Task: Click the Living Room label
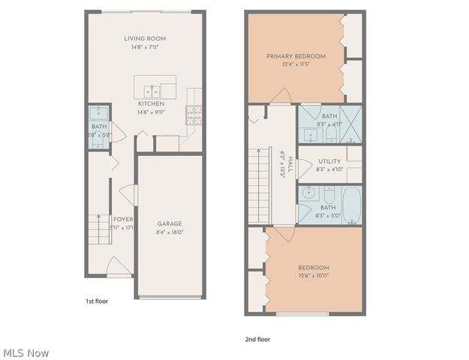(146, 38)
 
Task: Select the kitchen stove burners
(193, 114)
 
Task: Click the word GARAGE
(169, 223)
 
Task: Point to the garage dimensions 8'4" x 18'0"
(169, 232)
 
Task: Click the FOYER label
(122, 219)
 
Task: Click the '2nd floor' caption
(257, 339)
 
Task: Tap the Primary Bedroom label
(296, 56)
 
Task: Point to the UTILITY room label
(329, 161)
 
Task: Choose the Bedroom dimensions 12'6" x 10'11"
(314, 276)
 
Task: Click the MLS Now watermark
(26, 352)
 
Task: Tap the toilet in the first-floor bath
(98, 114)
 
